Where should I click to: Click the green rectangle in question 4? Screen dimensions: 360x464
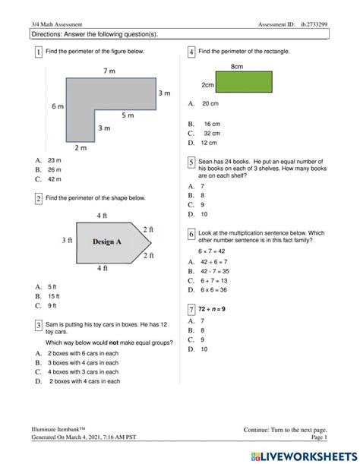click(244, 82)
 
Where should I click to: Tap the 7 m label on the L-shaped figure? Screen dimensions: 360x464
click(109, 71)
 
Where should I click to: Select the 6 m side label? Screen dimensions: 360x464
click(58, 106)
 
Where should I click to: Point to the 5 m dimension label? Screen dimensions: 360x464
click(128, 115)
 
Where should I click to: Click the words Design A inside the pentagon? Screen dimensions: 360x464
click(107, 241)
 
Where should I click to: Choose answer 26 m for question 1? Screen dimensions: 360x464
click(55, 170)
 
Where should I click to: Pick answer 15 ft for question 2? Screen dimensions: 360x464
click(54, 296)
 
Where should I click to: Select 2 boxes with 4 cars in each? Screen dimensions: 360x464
click(84, 381)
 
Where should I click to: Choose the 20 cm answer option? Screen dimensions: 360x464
click(210, 103)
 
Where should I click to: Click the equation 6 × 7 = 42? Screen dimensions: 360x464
click(212, 251)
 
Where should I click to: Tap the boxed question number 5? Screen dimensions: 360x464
click(191, 163)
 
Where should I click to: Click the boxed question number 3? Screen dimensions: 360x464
click(39, 325)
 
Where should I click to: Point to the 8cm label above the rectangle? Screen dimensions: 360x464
click(237, 67)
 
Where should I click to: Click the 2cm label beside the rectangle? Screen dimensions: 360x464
click(207, 85)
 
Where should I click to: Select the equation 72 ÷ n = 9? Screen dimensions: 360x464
click(212, 309)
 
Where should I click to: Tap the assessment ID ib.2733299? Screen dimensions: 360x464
click(314, 24)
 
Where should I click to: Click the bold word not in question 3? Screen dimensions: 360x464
click(114, 342)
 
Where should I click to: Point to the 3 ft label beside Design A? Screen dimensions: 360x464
click(67, 240)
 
